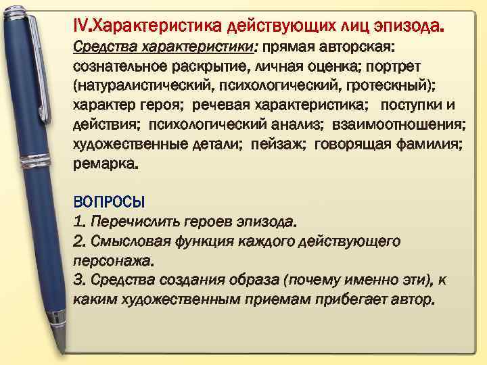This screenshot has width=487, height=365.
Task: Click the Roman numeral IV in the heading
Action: point(80,26)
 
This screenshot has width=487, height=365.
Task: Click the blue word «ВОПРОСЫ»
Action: point(109,203)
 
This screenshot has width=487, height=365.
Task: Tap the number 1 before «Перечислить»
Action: point(78,222)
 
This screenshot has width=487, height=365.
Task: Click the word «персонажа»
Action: point(113,260)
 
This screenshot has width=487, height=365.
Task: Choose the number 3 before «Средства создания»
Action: point(78,280)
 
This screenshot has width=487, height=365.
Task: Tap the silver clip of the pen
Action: point(42,68)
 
